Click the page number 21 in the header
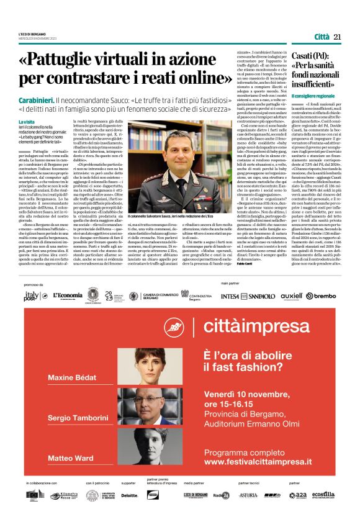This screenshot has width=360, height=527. click(338, 37)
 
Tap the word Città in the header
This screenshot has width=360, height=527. click(322, 37)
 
